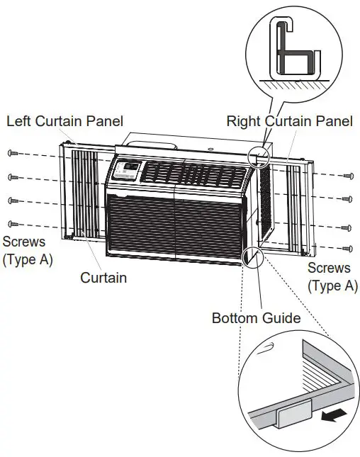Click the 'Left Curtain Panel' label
click(64, 121)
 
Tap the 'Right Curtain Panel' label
click(289, 121)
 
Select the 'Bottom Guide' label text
click(256, 318)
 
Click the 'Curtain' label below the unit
click(103, 277)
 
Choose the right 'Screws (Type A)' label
click(329, 276)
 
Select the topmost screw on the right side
click(347, 174)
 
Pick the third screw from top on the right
click(347, 227)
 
